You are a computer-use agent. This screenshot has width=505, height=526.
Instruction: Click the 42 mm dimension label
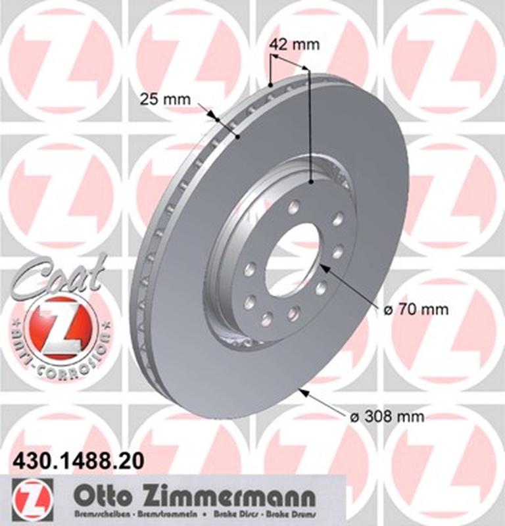tap(294, 45)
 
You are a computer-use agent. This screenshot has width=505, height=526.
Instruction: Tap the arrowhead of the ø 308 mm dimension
tap(302, 391)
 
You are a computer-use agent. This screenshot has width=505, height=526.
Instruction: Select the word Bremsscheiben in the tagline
tap(99, 514)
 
